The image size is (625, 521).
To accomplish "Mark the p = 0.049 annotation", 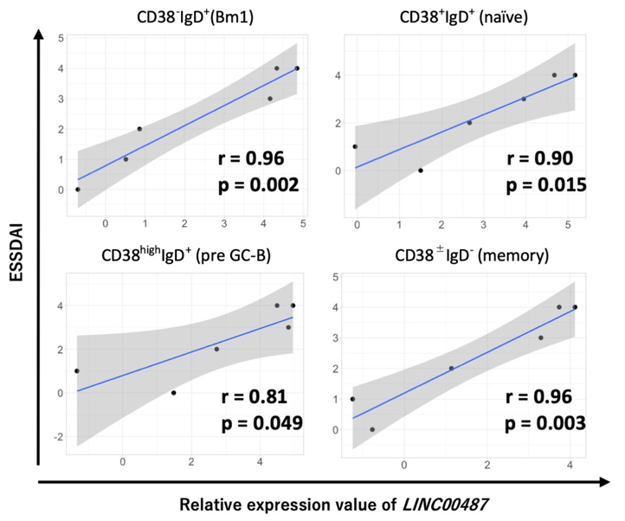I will click(x=260, y=423).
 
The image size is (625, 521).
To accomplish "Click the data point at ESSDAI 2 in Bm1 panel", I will click(x=139, y=129).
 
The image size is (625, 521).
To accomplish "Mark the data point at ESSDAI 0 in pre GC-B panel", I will click(x=174, y=393).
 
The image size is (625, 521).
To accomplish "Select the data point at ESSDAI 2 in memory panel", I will click(x=451, y=368).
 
